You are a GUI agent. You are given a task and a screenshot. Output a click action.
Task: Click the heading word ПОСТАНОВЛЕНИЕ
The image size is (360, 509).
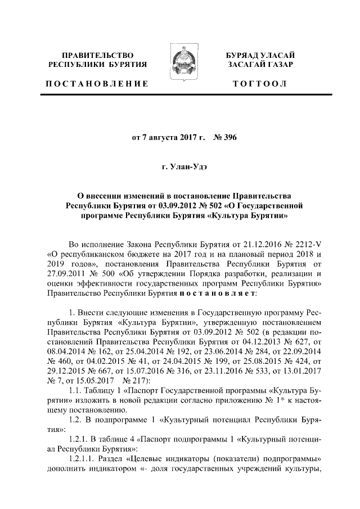click(x=97, y=84)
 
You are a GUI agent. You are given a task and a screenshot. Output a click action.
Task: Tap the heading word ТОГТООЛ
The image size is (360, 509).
click(x=260, y=84)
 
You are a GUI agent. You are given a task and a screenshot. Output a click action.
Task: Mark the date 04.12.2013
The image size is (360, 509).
click(x=260, y=341)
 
